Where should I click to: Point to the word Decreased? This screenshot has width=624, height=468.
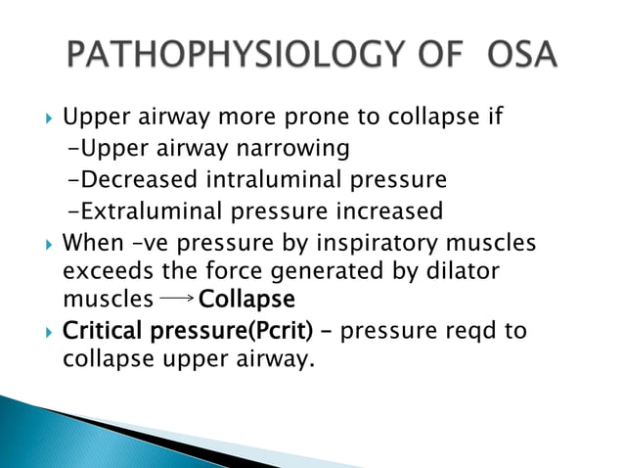(141, 180)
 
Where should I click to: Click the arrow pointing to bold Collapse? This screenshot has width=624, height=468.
(176, 297)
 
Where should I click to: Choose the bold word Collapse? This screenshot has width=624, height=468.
(245, 297)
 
